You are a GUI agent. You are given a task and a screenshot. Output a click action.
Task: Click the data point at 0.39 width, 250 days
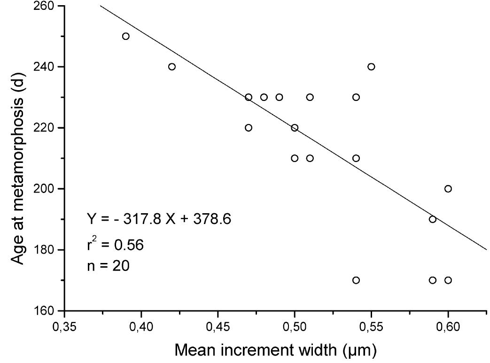click(126, 36)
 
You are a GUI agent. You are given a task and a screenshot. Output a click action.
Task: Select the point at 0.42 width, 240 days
click(172, 67)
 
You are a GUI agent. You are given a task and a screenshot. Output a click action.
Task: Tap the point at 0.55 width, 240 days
click(371, 67)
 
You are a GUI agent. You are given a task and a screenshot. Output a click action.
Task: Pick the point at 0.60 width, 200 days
click(448, 189)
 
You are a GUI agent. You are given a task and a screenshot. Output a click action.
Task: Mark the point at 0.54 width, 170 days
click(356, 280)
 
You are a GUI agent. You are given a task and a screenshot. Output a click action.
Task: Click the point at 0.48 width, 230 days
click(264, 97)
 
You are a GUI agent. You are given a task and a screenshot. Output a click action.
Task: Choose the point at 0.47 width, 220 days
click(249, 128)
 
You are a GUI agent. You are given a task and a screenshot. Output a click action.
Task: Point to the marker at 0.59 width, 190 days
click(433, 219)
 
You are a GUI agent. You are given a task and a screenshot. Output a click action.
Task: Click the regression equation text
click(159, 219)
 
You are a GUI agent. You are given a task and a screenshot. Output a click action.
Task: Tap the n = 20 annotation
click(108, 266)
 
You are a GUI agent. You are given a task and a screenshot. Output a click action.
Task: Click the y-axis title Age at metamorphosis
click(18, 158)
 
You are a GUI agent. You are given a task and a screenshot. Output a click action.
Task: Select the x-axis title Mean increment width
click(276, 350)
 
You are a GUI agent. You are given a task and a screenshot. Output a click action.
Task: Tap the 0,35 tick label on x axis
click(64, 325)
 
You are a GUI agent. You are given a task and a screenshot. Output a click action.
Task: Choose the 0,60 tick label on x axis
click(448, 325)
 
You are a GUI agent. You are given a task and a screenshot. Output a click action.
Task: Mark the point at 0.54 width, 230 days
click(356, 97)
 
